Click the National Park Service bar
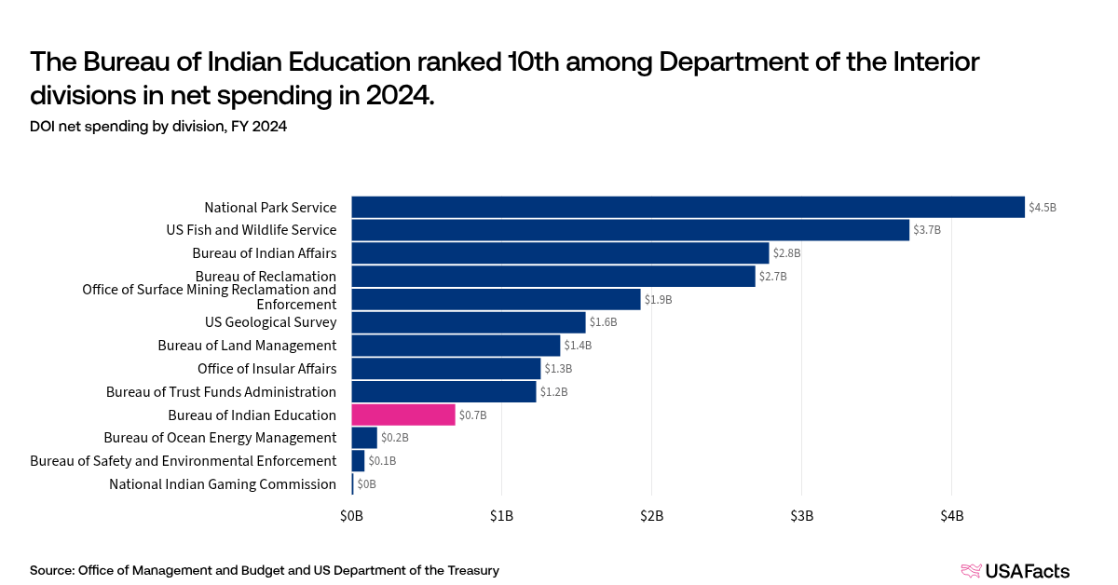tap(688, 207)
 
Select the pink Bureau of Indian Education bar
tap(402, 415)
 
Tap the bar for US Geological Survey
tap(468, 322)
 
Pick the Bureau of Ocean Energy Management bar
tap(364, 438)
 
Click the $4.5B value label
tap(1043, 208)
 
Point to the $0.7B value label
tap(472, 415)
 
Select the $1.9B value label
tap(658, 300)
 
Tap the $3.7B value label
tap(927, 230)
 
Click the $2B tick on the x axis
tap(651, 515)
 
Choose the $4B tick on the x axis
tap(951, 515)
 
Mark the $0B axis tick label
tap(351, 515)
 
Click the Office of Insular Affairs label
tap(266, 369)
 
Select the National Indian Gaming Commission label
tap(222, 484)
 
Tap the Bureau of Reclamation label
tap(266, 277)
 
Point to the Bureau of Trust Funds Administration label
tap(221, 392)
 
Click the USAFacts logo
tap(1015, 570)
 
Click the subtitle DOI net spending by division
tap(157, 127)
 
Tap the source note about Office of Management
tap(265, 570)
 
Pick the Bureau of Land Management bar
tap(456, 346)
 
